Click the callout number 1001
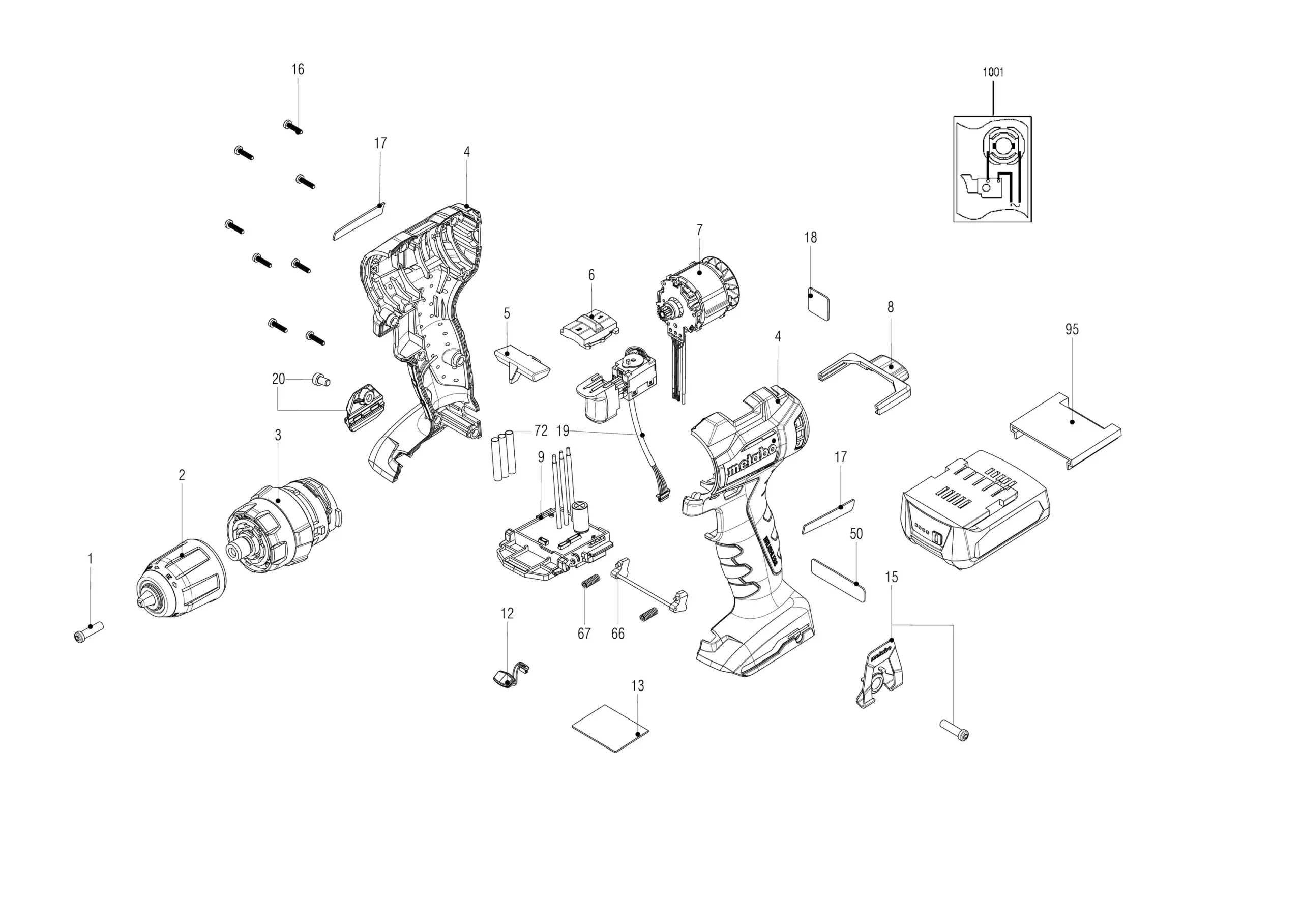[993, 72]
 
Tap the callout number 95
[1072, 330]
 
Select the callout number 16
[298, 69]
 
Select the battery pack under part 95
[975, 508]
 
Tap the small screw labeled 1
[89, 632]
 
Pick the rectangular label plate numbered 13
[610, 728]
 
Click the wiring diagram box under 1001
[992, 169]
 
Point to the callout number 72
[541, 431]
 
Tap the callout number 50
[856, 534]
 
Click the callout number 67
[584, 634]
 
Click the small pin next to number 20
[321, 380]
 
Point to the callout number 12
[507, 613]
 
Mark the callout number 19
[563, 431]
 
